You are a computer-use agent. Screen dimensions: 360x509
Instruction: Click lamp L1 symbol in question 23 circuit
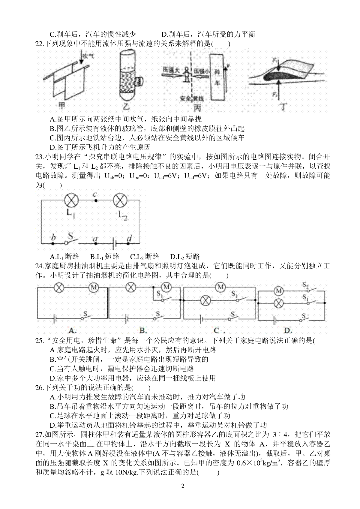(71, 200)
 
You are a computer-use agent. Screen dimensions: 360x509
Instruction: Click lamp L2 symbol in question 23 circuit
(120, 200)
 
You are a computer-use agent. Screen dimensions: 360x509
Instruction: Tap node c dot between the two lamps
(96, 201)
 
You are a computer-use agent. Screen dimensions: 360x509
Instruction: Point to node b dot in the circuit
(53, 244)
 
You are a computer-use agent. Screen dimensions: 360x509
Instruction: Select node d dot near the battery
(128, 244)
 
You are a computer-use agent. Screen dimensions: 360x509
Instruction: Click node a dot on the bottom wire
(96, 244)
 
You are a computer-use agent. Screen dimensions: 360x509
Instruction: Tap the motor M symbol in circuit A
(94, 288)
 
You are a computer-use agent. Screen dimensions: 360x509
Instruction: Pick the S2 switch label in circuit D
(305, 285)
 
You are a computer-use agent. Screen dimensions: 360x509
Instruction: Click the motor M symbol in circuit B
(166, 287)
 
